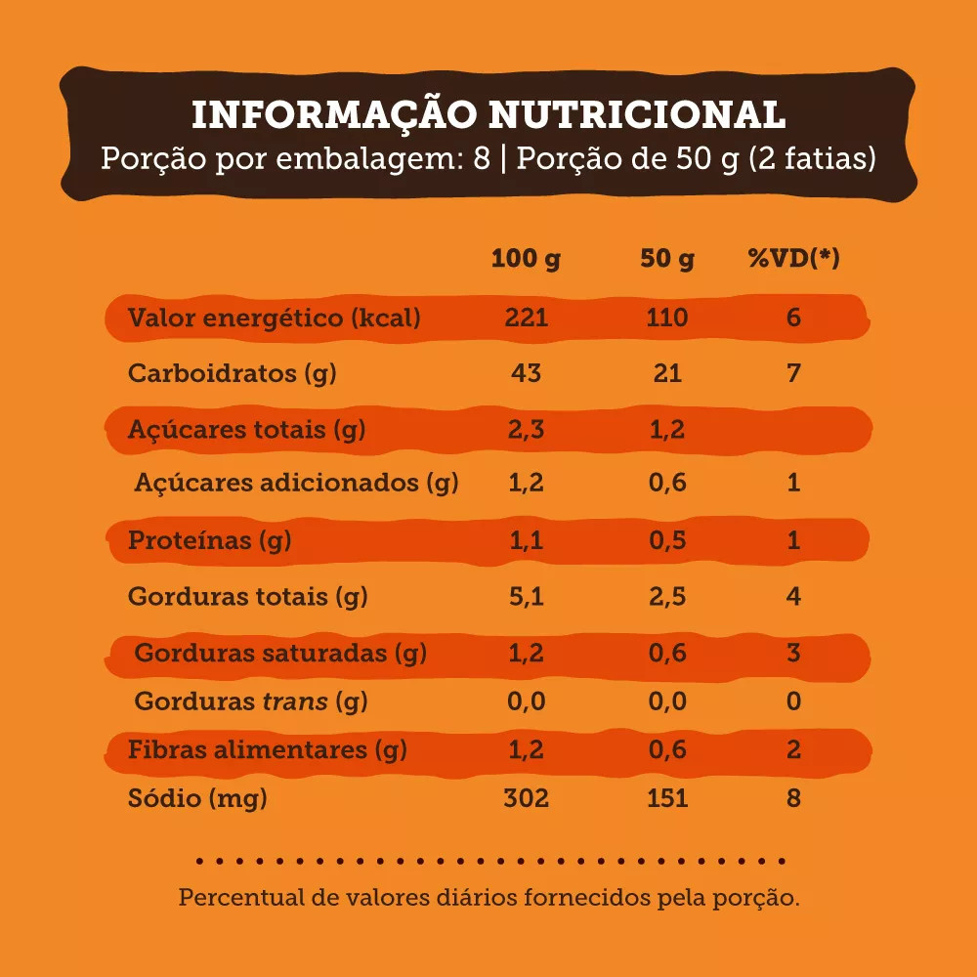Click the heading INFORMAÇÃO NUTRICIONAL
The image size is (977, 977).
point(488,114)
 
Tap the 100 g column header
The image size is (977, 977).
point(526,259)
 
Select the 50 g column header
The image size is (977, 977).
point(667,259)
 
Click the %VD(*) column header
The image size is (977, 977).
point(793,259)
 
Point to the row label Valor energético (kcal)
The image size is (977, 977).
point(275,318)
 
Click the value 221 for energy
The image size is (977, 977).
point(526,318)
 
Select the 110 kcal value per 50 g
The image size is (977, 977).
point(667,318)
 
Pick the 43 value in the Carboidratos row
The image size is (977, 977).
point(526,373)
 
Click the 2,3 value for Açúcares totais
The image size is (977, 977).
point(526,429)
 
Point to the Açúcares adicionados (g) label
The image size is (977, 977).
point(296,482)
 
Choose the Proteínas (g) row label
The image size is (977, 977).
point(209,540)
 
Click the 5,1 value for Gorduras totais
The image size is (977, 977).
point(526,596)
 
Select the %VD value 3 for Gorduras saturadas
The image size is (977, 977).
point(793,653)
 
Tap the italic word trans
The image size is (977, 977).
point(296,701)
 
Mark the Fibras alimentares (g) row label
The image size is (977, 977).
point(268,750)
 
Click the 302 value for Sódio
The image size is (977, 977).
point(526,798)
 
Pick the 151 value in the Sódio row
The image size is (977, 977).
point(667,798)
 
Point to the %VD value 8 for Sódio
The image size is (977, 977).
point(793,798)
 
